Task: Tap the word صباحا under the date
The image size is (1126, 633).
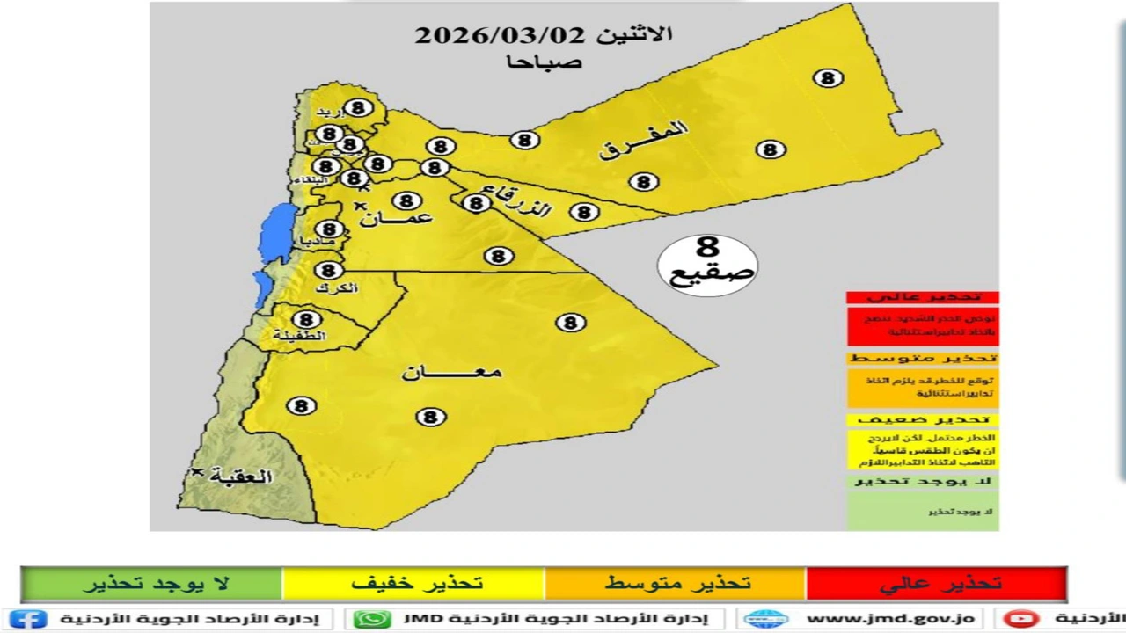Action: (x=544, y=62)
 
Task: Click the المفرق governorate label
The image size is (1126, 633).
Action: (x=643, y=140)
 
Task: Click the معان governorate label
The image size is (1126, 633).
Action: (x=451, y=372)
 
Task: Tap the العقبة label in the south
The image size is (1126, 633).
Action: (x=241, y=477)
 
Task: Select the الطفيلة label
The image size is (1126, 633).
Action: (x=299, y=336)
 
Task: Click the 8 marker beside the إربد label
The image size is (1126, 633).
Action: (x=357, y=107)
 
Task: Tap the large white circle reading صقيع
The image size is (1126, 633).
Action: (x=707, y=265)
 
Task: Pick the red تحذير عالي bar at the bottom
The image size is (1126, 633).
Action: (x=937, y=584)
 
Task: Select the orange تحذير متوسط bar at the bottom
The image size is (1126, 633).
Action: (x=676, y=584)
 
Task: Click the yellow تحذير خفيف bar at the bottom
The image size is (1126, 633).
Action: (x=414, y=584)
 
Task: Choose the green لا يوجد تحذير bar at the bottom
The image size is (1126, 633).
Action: (x=151, y=584)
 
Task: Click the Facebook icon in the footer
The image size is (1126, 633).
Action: (x=27, y=619)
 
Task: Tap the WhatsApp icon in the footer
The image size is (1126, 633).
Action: (x=372, y=619)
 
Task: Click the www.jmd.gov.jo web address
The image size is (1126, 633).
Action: (x=888, y=619)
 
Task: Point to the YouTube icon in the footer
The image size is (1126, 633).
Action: (x=1020, y=619)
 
